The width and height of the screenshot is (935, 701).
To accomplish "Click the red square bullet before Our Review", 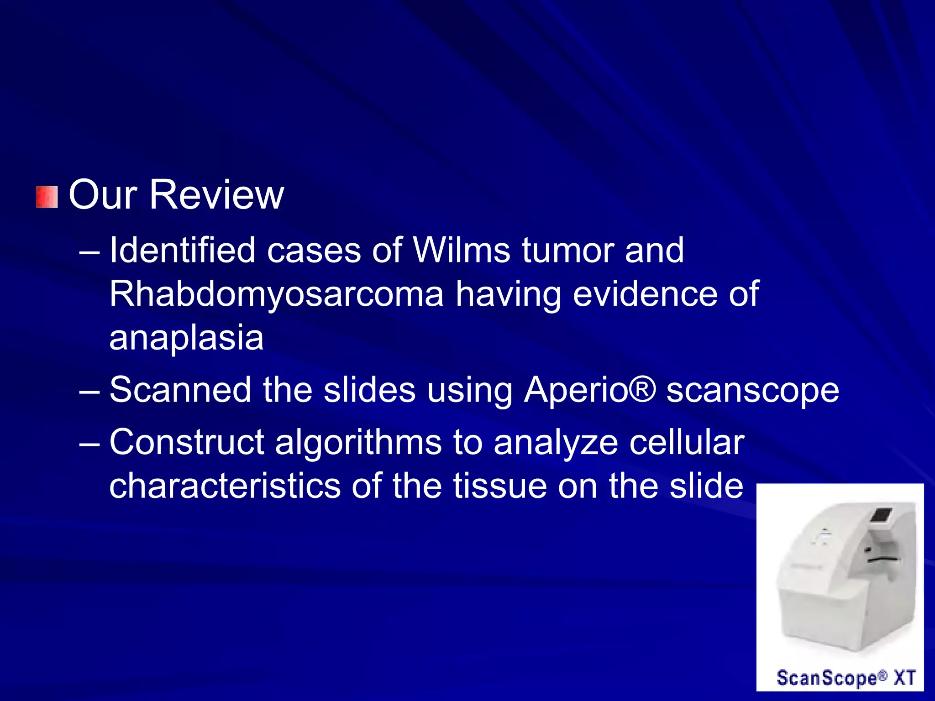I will click(47, 197).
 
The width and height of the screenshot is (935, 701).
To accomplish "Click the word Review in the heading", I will click(216, 195).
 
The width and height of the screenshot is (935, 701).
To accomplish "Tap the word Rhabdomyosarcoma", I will click(276, 294).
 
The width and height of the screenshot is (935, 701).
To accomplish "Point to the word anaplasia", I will click(186, 338).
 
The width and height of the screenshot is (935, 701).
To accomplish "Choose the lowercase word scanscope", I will click(752, 391).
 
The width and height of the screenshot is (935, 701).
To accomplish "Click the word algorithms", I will click(358, 443).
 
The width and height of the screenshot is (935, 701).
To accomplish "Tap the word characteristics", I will click(225, 486).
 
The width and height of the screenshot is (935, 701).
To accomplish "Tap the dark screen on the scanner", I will click(881, 515).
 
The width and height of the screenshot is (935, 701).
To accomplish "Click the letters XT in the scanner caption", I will click(904, 677).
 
